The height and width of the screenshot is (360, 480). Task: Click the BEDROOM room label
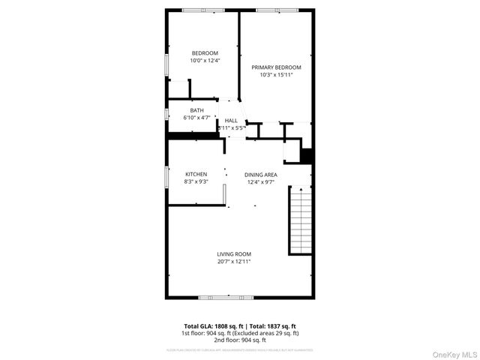(205, 52)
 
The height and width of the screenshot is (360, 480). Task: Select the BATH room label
(196, 110)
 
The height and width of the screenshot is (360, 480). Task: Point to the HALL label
(231, 120)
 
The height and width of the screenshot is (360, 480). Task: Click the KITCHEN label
(196, 174)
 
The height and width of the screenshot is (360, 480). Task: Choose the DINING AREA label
(260, 174)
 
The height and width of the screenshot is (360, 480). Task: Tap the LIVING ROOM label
(234, 253)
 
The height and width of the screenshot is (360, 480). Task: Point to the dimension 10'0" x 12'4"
(205, 61)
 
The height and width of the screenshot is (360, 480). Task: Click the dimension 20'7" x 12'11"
(234, 262)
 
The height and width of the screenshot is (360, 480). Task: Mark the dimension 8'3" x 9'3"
(196, 181)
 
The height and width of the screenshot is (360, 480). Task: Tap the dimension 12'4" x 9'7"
(260, 181)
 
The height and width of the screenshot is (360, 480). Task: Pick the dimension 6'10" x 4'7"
(196, 118)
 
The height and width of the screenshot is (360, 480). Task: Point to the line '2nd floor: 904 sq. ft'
(240, 339)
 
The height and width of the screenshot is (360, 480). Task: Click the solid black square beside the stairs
(306, 155)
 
